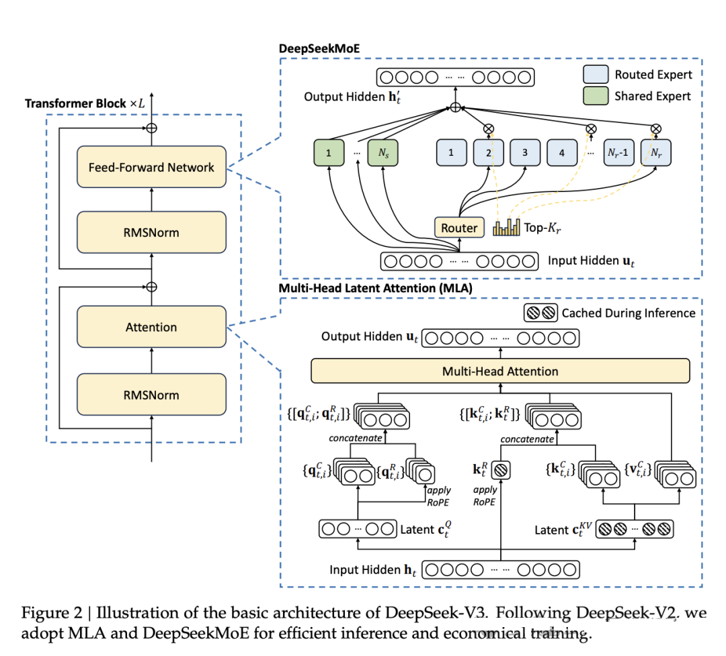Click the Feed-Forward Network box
(x=151, y=167)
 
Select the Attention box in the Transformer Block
(x=151, y=327)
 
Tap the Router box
(x=458, y=228)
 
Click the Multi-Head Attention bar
(x=500, y=371)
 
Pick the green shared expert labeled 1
(x=328, y=152)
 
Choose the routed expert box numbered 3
(x=525, y=152)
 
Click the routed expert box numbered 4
(x=562, y=152)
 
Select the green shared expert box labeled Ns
(x=383, y=152)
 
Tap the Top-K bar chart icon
(x=506, y=228)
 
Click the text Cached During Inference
(x=629, y=312)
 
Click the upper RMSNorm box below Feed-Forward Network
(x=151, y=232)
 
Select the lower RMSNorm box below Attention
(x=151, y=394)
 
